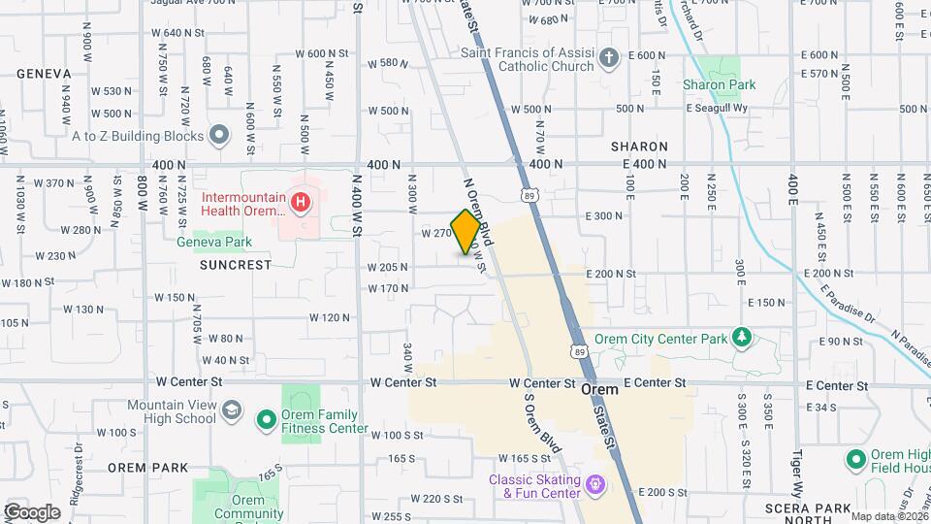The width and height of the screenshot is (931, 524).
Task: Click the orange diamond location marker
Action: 465,232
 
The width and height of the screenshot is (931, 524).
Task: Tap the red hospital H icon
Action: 301,203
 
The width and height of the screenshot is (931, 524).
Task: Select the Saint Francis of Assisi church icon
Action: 609,59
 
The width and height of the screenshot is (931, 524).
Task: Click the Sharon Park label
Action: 719,85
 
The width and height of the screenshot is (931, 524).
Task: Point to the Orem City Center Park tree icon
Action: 743,337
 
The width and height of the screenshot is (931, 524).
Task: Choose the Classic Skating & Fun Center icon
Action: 595,482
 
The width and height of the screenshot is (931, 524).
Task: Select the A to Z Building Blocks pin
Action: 219,136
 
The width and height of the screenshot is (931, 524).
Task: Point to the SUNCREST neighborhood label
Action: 236,264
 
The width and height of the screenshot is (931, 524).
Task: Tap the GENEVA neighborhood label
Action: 44,74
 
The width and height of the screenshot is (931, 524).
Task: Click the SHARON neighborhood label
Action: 639,147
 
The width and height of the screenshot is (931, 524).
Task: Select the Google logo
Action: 32,512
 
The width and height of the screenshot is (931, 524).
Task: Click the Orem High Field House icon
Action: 855,459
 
